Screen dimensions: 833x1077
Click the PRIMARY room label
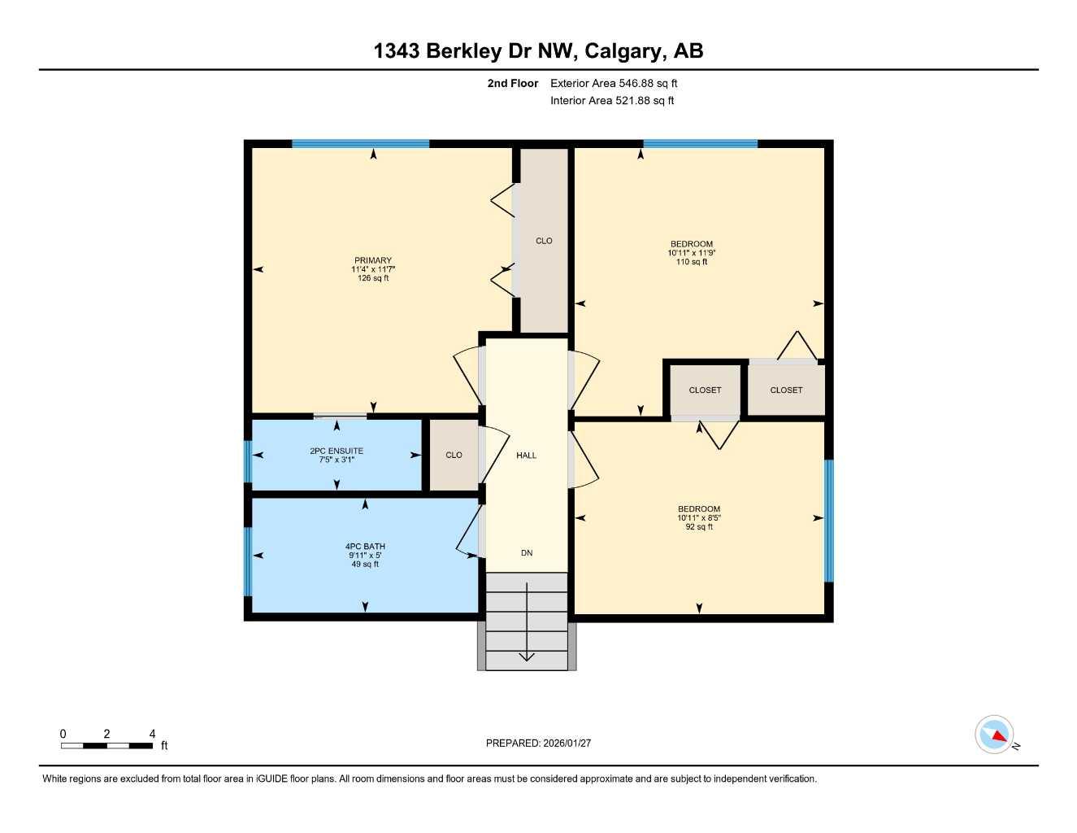(x=373, y=260)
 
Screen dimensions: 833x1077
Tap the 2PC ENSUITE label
(x=337, y=451)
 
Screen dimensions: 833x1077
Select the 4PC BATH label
(x=365, y=547)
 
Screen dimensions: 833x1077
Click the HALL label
(x=527, y=456)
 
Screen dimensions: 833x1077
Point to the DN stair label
(x=527, y=553)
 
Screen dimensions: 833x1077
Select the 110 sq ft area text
(x=692, y=262)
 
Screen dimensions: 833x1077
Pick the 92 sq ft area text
(x=699, y=527)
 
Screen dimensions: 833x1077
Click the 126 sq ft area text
(x=373, y=278)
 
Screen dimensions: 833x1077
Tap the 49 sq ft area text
(x=365, y=565)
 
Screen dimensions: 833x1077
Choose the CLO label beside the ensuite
(x=454, y=456)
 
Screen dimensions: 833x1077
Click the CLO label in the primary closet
(x=544, y=241)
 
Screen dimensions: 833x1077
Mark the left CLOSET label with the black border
(x=705, y=390)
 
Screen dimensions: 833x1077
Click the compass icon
(x=994, y=735)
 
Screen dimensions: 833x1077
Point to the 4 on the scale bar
(x=152, y=734)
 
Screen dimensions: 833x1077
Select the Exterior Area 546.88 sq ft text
(x=614, y=83)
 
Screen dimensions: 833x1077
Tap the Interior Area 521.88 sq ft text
(x=612, y=101)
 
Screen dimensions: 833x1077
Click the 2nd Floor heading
(x=513, y=83)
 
